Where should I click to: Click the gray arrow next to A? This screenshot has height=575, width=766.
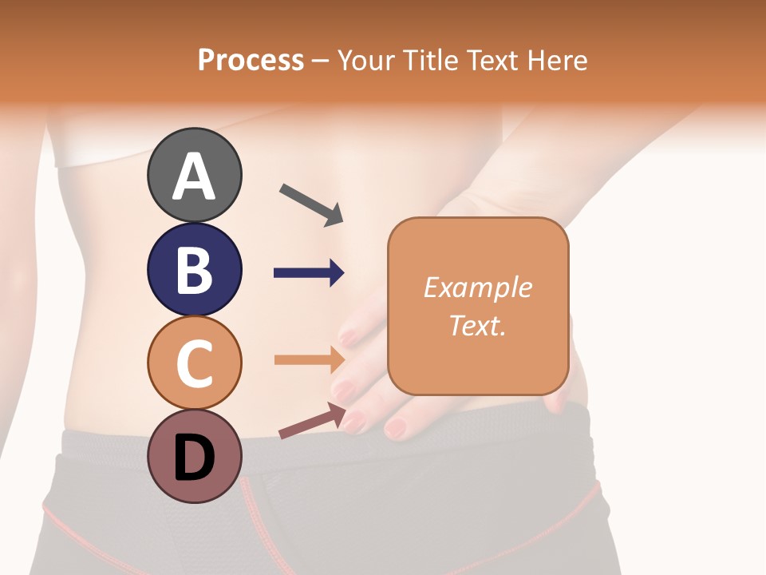click(x=311, y=204)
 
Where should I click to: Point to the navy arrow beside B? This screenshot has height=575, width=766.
click(x=309, y=273)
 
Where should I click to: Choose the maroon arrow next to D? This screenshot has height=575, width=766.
click(x=312, y=420)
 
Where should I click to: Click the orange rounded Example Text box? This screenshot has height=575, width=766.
click(x=478, y=306)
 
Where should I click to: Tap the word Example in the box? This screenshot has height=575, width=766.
click(x=478, y=287)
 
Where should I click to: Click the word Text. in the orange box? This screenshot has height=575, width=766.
click(x=478, y=325)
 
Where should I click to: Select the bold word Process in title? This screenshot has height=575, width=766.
click(x=251, y=60)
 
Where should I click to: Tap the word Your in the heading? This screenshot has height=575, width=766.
click(x=366, y=60)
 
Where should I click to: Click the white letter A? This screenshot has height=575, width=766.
click(x=194, y=177)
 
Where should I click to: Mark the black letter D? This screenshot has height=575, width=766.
click(x=194, y=458)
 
